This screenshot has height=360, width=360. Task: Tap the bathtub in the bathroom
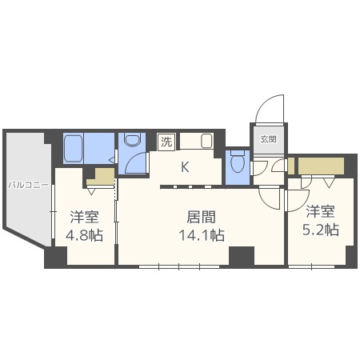(78, 148)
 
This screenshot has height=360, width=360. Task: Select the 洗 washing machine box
(166, 142)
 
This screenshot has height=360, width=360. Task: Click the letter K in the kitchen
(184, 167)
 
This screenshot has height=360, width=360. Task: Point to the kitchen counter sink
(206, 142)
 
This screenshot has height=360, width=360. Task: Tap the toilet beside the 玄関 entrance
(237, 163)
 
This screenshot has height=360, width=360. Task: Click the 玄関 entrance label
(267, 138)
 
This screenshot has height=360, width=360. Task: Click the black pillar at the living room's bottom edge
(241, 256)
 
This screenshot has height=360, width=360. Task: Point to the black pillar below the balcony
(55, 258)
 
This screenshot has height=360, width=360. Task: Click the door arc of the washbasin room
(138, 162)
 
